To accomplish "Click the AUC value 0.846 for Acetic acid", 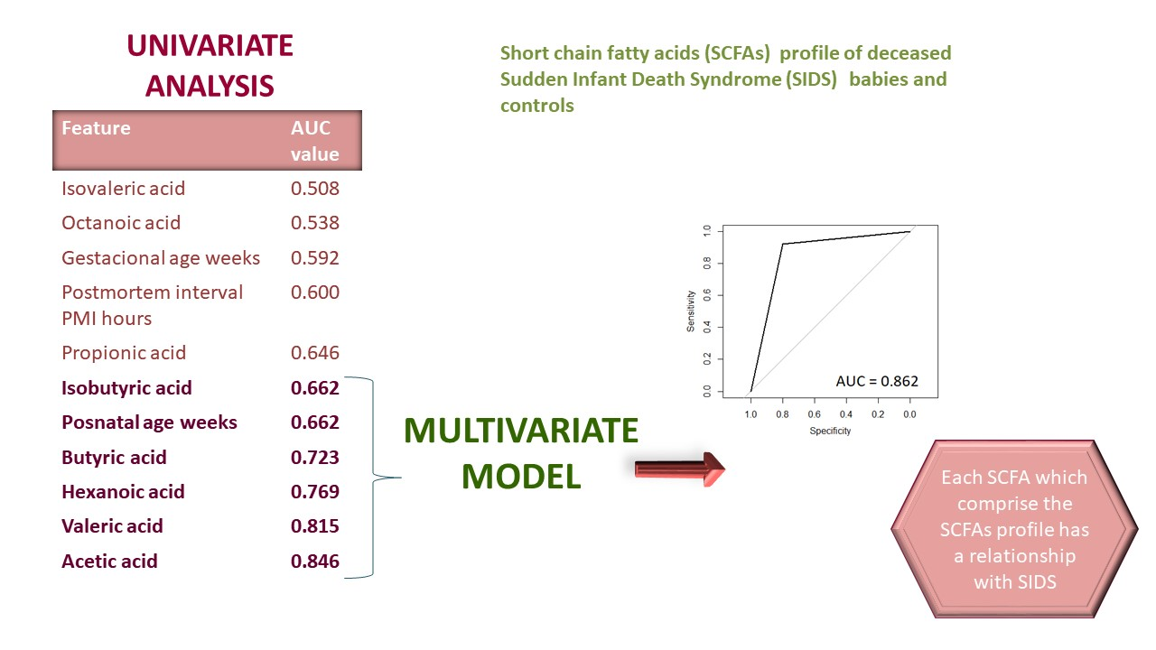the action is [x=315, y=562].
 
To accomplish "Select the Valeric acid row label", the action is [x=112, y=526].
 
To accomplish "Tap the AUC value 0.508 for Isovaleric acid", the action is [x=315, y=189].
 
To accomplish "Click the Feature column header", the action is [x=96, y=128].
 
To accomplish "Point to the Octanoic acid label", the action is [x=121, y=223].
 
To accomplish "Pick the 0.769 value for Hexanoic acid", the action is [x=315, y=492].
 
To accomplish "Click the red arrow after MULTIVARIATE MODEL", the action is [x=680, y=469].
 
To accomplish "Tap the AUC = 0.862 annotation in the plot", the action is [x=877, y=381].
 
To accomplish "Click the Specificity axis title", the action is [x=830, y=431].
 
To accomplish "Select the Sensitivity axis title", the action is [x=691, y=311].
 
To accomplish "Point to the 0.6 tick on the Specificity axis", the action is [x=814, y=414].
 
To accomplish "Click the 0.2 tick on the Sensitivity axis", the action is [x=707, y=359].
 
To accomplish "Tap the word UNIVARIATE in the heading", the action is [x=210, y=45].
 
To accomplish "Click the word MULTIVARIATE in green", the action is [x=521, y=431].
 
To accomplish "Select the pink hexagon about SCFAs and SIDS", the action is [x=1014, y=529].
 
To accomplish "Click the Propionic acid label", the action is [x=124, y=353].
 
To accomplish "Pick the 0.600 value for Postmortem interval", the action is [x=315, y=292].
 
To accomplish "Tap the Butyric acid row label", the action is [x=114, y=458].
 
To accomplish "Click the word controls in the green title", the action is [x=537, y=106].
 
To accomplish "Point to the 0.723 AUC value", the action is [x=315, y=458].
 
